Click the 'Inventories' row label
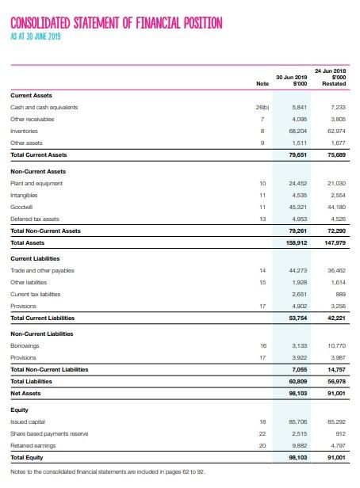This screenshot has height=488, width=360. (27, 131)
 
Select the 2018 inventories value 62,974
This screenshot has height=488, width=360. (337, 131)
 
